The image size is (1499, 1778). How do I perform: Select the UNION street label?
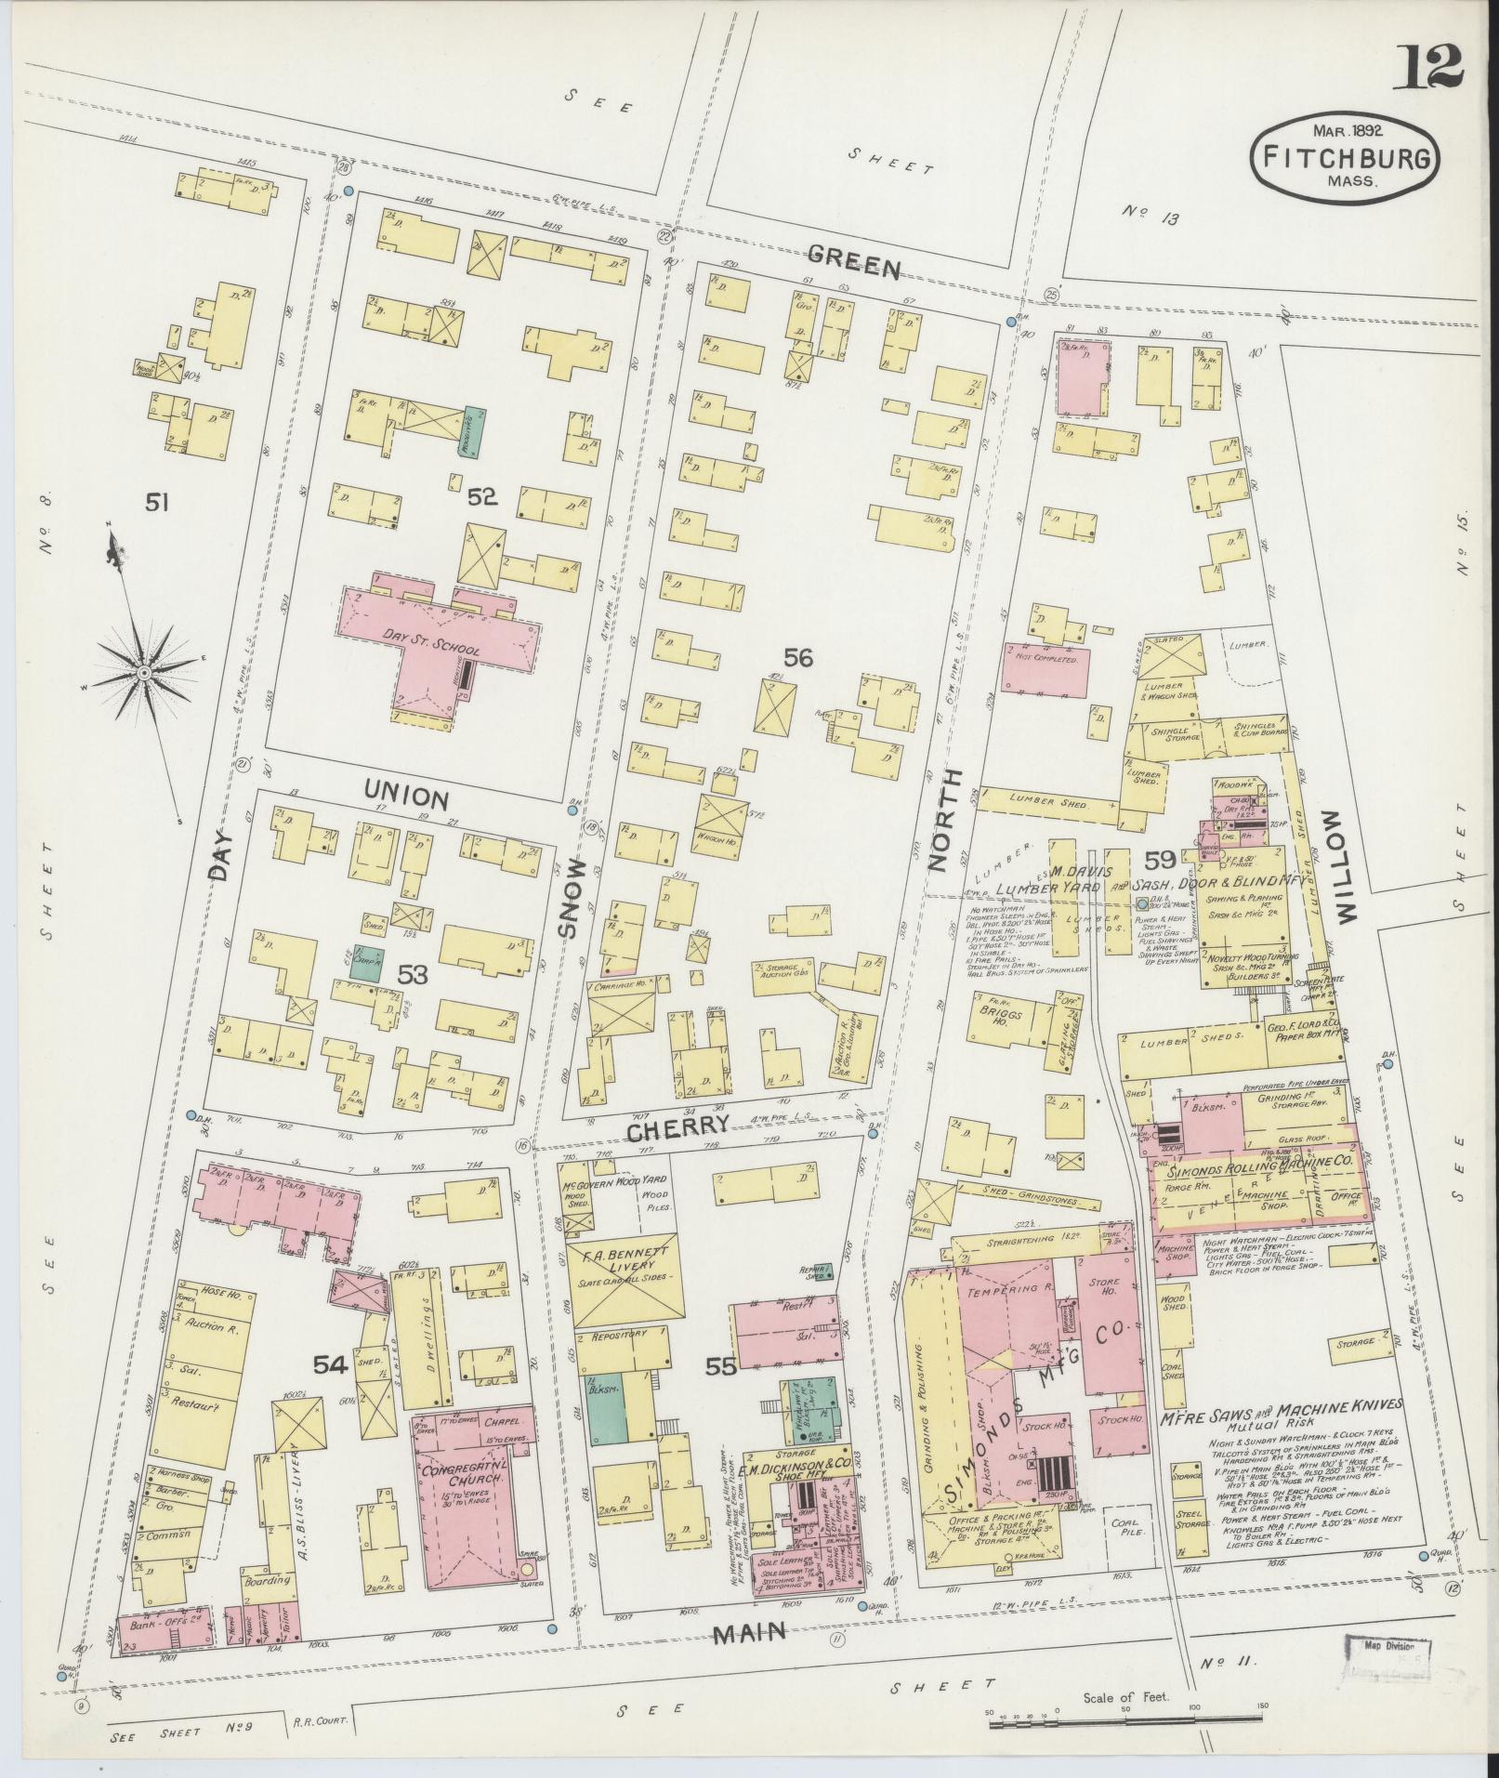[x=407, y=797]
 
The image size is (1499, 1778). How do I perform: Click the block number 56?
[x=797, y=657]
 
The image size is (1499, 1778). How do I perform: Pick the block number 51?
[x=157, y=503]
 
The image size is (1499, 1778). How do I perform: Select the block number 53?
[x=413, y=975]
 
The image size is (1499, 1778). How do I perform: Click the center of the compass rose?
[x=144, y=671]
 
